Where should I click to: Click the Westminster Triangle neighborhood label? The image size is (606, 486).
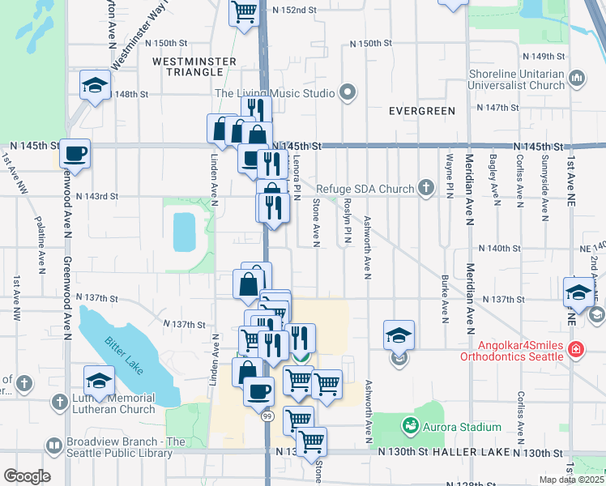[194, 66]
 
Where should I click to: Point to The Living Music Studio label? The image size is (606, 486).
[275, 93]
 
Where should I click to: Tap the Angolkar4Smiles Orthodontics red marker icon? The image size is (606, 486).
[575, 350]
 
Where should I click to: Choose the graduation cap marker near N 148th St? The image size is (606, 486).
[95, 84]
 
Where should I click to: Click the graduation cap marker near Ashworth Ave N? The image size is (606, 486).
[399, 335]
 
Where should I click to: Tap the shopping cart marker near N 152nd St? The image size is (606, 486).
[243, 11]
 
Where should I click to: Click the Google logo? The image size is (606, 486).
[27, 475]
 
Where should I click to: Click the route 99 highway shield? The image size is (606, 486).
[267, 416]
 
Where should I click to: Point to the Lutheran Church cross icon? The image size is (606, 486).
[59, 403]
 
